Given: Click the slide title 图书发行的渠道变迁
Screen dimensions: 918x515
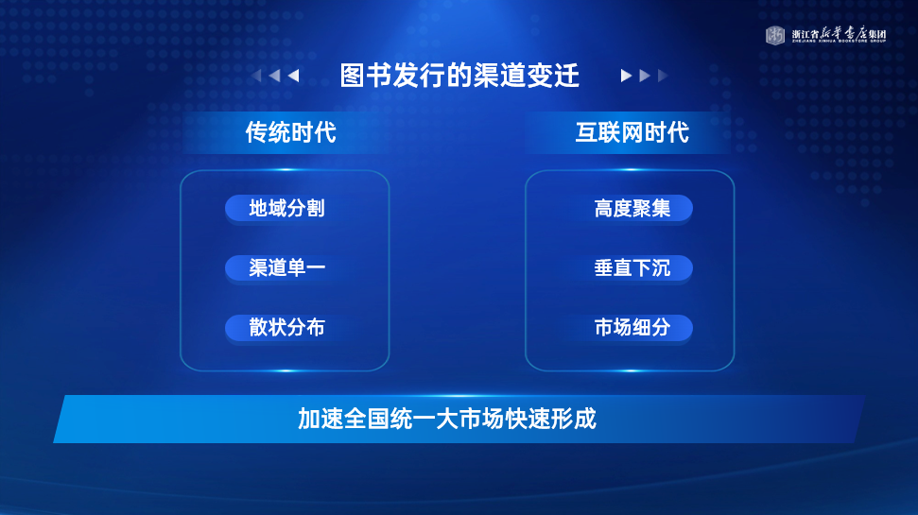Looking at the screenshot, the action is pos(459,76).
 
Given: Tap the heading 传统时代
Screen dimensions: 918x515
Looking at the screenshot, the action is pos(291,132).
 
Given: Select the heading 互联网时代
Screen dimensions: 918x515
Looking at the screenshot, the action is pos(632,132).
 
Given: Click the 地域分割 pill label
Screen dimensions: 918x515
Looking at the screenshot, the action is pos(286,208).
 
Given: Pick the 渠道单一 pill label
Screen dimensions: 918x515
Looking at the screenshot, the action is pos(286,267).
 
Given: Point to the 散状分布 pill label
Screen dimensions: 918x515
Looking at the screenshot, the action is pos(286,327).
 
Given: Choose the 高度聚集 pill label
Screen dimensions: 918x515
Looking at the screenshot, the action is pos(632,208).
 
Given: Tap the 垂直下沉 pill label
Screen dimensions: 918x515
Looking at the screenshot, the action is pos(632,268).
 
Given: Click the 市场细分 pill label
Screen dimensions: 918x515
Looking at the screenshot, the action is pos(632,327).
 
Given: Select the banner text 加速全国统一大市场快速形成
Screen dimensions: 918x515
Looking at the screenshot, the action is pos(447,419).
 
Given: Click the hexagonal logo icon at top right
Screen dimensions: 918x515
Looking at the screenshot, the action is pos(775,35).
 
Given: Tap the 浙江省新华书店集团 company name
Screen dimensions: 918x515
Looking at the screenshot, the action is pos(839,35).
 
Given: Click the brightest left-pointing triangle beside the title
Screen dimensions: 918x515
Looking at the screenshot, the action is pos(294,76).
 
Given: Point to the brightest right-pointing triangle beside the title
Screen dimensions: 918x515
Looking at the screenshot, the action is pos(626,76).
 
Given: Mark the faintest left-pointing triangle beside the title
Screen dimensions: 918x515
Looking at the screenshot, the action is pos(256,76).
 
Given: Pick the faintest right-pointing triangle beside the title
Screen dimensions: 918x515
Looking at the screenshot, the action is pos(663,76).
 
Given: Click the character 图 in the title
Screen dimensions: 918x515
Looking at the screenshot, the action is pos(353,76).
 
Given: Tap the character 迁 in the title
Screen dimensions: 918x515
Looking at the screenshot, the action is pos(566,76).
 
